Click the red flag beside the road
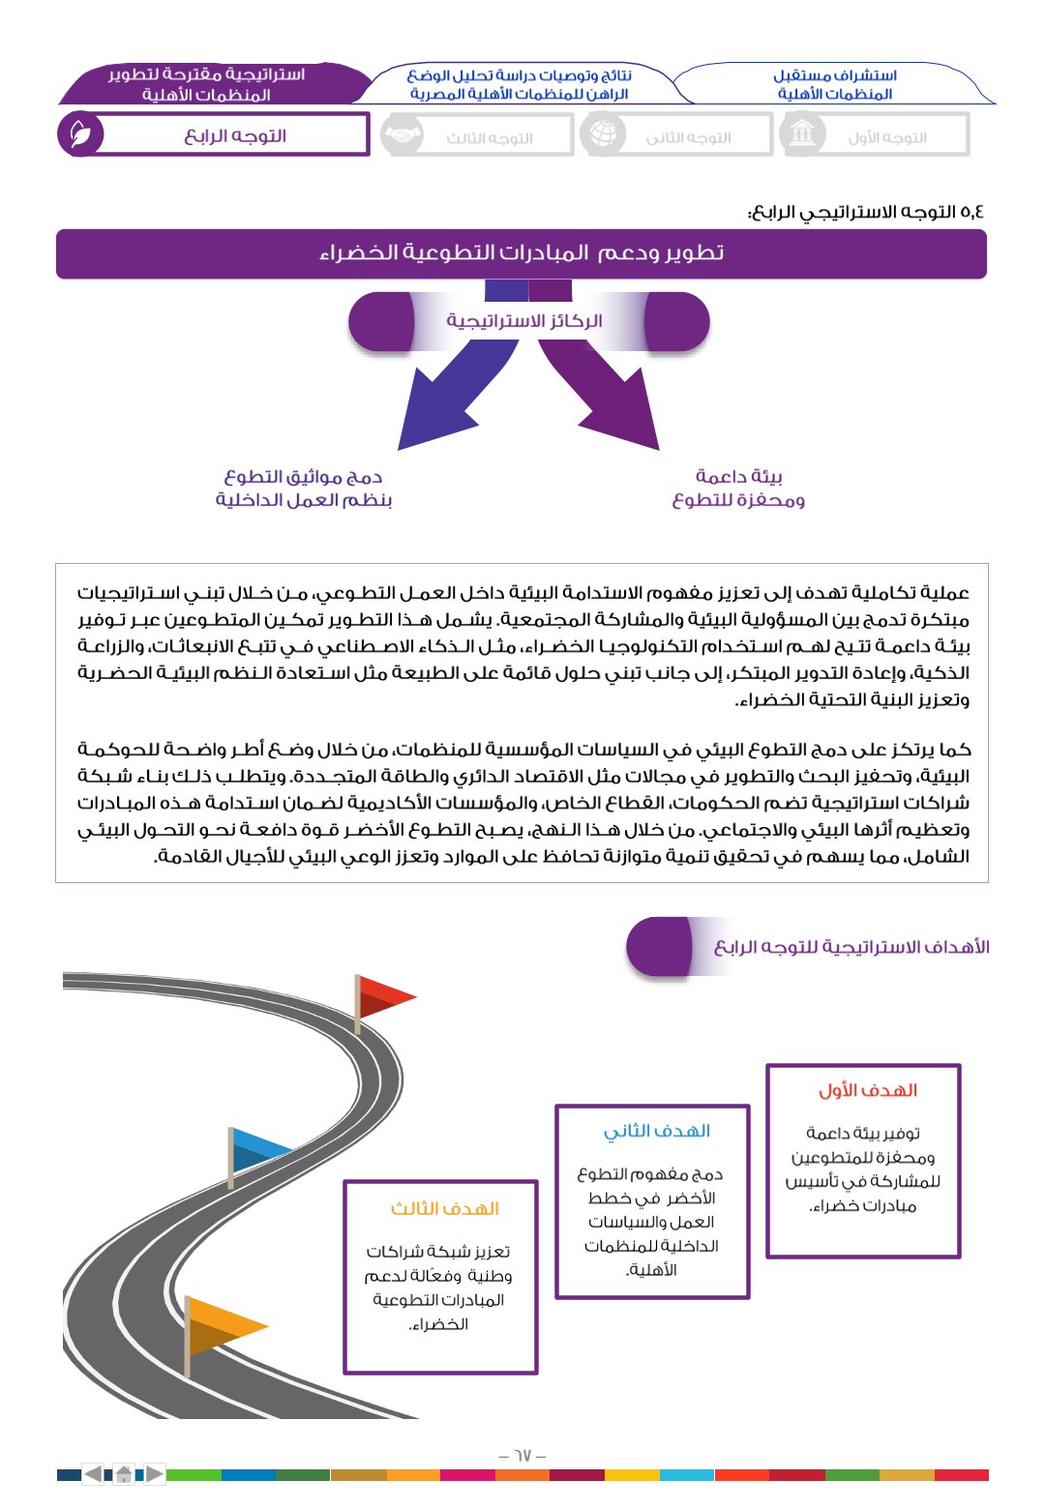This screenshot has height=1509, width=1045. (385, 996)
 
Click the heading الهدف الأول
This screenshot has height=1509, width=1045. (867, 1090)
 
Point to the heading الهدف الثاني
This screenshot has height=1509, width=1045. (657, 1131)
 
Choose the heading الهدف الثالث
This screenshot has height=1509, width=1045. (444, 1208)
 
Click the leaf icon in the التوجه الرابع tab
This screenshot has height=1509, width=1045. (79, 134)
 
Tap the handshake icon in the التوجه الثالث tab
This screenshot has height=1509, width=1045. (402, 135)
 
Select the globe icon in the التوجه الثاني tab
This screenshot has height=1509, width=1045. (602, 134)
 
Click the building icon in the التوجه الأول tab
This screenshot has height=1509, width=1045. (802, 133)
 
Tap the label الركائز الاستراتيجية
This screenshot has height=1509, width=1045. (524, 321)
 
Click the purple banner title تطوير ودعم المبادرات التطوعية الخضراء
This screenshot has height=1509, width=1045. (522, 253)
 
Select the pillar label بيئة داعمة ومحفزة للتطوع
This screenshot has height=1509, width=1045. (738, 488)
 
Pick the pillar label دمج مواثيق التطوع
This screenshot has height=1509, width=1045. (304, 488)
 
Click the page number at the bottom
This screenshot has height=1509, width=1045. (522, 1455)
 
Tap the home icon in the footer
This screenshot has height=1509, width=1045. (124, 1475)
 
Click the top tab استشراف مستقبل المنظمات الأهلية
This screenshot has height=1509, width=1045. (834, 84)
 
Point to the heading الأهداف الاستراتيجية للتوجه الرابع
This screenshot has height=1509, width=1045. (851, 947)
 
